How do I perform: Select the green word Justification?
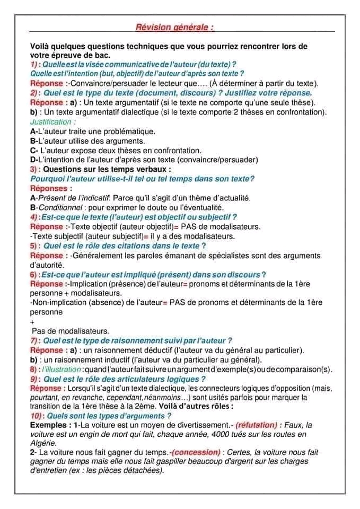click(x=49, y=121)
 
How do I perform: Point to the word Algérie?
click(x=44, y=443)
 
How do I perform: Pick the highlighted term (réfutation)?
click(x=257, y=425)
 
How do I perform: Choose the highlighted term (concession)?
click(x=196, y=452)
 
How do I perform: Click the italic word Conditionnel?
click(x=58, y=207)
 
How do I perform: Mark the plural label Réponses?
click(x=49, y=188)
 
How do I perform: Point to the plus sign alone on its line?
click(x=33, y=321)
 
